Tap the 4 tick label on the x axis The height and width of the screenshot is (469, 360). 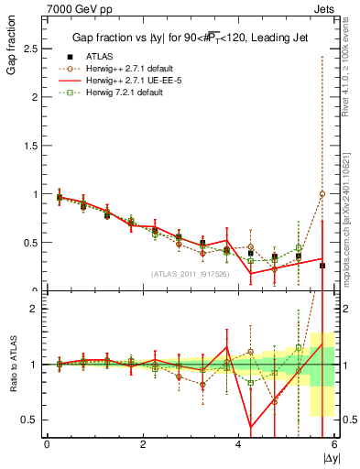[x=239, y=444]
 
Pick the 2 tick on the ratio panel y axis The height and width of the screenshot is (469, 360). [x=37, y=309]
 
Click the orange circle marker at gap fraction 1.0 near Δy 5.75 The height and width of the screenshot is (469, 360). [x=322, y=194]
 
